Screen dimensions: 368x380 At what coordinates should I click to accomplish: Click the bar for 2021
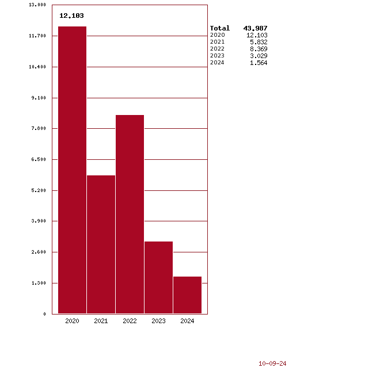click(x=101, y=244)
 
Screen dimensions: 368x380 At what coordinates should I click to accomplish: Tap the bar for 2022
click(x=130, y=214)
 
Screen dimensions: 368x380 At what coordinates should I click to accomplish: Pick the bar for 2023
click(x=158, y=277)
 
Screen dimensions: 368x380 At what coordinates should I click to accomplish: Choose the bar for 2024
click(x=187, y=295)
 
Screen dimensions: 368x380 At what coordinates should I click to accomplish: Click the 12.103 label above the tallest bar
click(x=71, y=16)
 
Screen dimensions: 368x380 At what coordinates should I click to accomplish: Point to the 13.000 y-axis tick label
click(x=37, y=5)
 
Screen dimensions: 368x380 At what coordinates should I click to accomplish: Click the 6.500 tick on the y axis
click(x=39, y=159)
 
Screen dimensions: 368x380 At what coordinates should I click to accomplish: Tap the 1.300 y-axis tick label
click(x=39, y=283)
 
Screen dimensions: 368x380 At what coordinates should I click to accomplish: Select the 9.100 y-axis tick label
click(x=39, y=98)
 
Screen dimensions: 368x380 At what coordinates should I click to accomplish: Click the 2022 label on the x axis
click(x=130, y=321)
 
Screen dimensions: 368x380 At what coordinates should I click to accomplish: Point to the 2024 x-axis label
click(x=187, y=321)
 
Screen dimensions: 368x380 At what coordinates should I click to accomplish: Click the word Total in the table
click(x=219, y=28)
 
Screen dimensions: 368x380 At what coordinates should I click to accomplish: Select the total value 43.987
click(x=256, y=28)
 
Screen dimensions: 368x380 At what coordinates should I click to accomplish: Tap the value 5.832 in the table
click(x=258, y=42)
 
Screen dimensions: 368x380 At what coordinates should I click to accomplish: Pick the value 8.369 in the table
click(x=258, y=49)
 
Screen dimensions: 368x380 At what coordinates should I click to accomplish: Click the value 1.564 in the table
click(x=258, y=63)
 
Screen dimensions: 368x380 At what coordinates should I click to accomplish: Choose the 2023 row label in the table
click(x=217, y=56)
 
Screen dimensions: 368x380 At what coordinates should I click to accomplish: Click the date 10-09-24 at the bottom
click(x=272, y=363)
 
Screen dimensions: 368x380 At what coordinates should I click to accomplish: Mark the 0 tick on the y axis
click(x=44, y=314)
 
